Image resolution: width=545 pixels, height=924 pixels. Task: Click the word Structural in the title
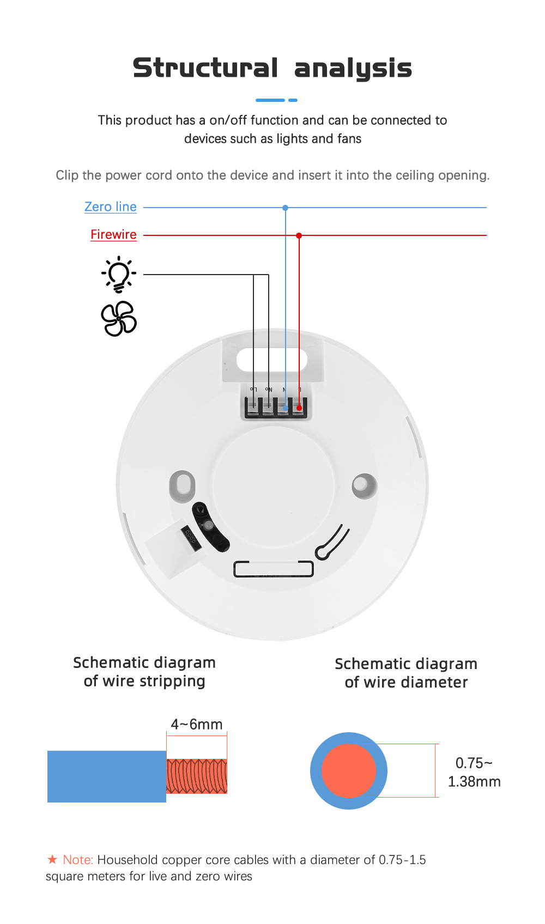point(205,68)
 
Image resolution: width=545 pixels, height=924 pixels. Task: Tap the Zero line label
point(111,207)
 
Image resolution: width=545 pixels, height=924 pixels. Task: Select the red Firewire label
point(113,235)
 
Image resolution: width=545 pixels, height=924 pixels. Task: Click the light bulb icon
point(118,275)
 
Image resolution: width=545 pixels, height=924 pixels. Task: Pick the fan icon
point(118,319)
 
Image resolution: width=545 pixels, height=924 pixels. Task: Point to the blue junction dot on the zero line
point(285,208)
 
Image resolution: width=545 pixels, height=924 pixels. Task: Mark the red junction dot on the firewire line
point(299,235)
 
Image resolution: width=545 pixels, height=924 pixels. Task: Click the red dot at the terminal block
point(299,408)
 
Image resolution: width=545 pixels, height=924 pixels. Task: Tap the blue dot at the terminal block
point(285,408)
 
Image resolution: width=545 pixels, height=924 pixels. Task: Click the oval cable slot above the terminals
point(272,360)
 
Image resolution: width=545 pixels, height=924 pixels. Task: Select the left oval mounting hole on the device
point(182,485)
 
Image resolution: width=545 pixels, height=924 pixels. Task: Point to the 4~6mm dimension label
point(197,724)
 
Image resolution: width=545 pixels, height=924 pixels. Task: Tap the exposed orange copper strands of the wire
point(197,776)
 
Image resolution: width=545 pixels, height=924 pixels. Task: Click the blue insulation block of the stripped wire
point(107,776)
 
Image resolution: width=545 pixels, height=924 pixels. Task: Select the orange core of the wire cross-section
point(349,771)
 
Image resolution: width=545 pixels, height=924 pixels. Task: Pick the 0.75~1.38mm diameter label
point(474,772)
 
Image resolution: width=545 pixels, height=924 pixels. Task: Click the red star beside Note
point(52,859)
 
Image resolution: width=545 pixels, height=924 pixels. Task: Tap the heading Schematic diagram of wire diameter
point(406,673)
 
